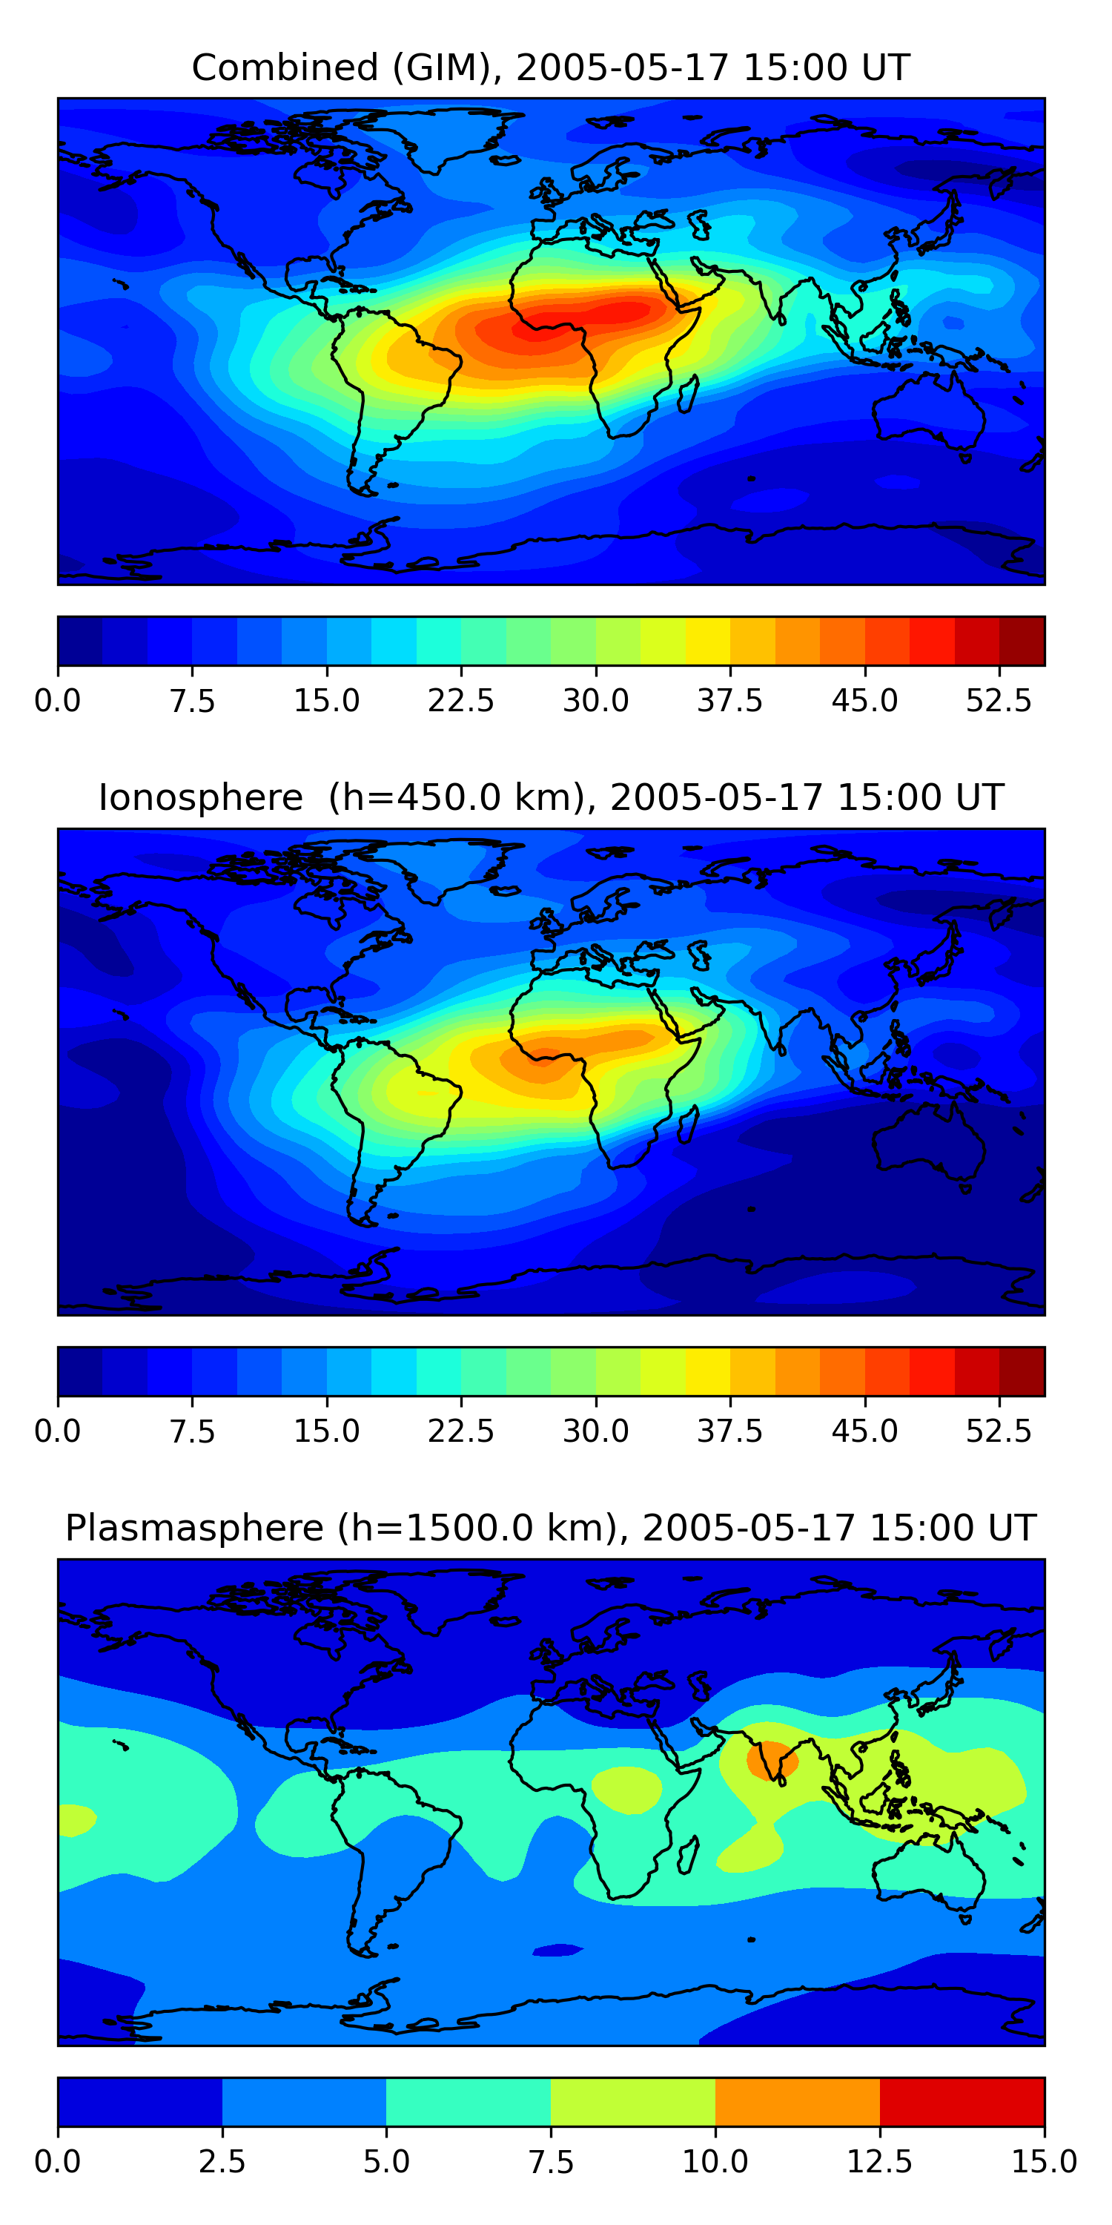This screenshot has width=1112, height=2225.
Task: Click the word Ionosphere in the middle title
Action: point(200,797)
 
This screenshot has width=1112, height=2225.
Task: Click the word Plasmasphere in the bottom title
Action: point(194,1528)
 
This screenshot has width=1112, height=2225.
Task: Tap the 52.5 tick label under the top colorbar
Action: point(999,700)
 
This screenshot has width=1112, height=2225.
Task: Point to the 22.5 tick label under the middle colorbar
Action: point(461,1431)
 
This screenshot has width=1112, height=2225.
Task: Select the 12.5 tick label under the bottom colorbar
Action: point(880,2161)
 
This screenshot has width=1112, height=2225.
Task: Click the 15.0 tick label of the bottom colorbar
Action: point(1044,2161)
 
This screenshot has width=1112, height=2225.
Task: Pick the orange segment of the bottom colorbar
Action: point(797,2101)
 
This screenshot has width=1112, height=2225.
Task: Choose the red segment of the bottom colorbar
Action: point(962,2101)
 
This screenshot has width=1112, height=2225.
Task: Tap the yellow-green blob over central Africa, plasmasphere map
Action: point(626,1789)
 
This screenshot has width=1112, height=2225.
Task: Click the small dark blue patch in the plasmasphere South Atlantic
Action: point(558,1949)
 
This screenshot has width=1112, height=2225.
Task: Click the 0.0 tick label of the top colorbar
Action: point(57,700)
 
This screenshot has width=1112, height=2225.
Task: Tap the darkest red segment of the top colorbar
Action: point(1022,641)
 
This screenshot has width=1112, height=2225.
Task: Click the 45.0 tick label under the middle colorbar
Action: point(864,1431)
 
